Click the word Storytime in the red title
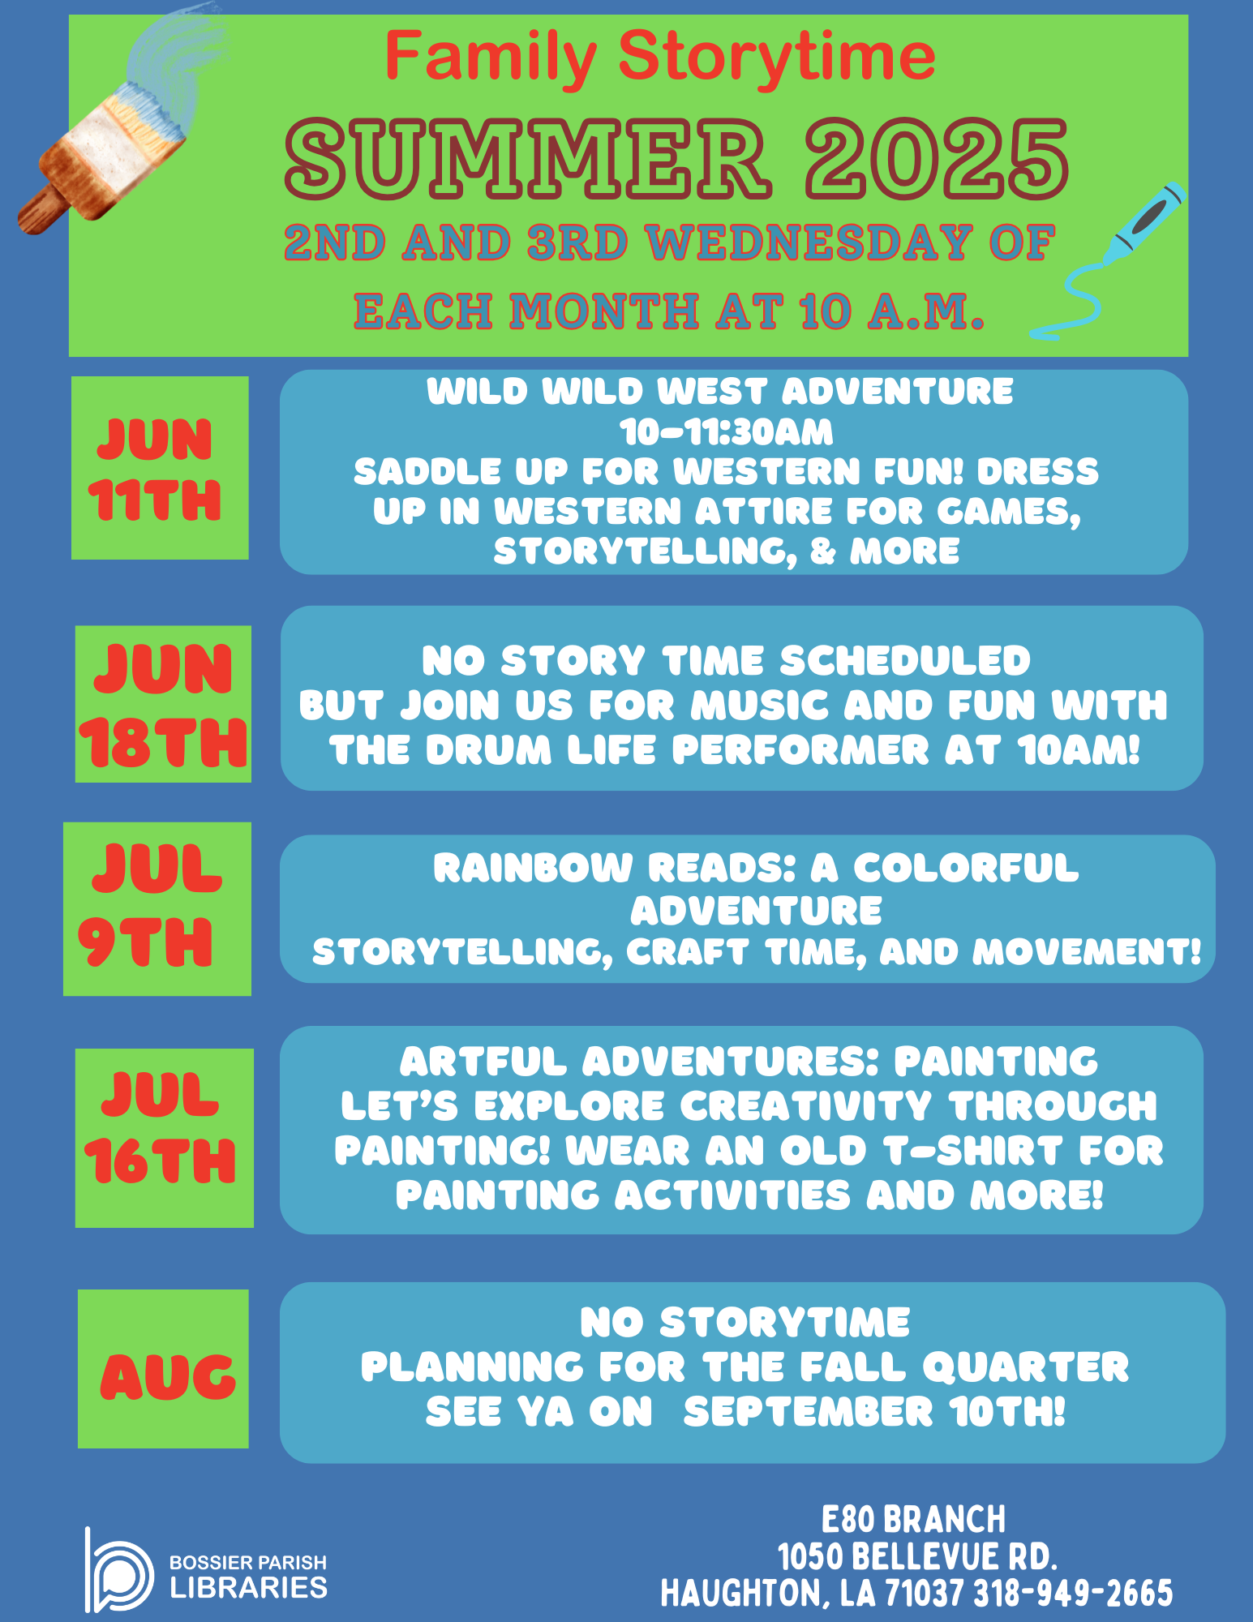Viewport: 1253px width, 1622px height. [777, 57]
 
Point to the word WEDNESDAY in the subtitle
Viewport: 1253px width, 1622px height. [811, 242]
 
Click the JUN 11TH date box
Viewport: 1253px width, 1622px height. [160, 467]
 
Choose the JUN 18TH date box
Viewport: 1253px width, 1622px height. [163, 704]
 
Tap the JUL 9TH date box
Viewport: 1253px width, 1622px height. [157, 908]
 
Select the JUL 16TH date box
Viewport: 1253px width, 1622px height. [165, 1138]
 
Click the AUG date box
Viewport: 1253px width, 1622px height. [163, 1369]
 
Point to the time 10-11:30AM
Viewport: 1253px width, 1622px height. [727, 432]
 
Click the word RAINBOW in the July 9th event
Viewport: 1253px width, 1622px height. [533, 868]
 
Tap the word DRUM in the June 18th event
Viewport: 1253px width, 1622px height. [488, 750]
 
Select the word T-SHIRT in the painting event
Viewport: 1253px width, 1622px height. [975, 1150]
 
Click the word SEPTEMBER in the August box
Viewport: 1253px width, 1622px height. [809, 1412]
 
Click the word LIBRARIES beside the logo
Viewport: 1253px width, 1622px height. [249, 1587]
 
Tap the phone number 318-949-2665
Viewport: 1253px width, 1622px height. [1074, 1594]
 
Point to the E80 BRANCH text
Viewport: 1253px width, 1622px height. [914, 1519]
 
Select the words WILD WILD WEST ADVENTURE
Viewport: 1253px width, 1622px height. [720, 392]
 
